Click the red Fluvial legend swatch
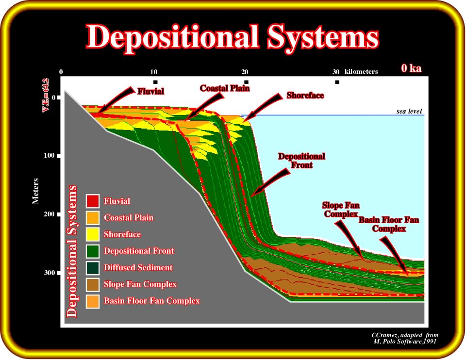(x=92, y=201)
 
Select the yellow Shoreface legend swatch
(x=92, y=234)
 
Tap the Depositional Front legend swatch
(x=92, y=251)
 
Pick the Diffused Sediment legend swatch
(x=92, y=268)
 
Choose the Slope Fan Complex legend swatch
(x=92, y=284)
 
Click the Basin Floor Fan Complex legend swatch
(x=92, y=301)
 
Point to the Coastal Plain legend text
(x=129, y=218)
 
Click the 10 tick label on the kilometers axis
(x=154, y=72)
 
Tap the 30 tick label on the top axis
(x=336, y=72)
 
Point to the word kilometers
(x=361, y=72)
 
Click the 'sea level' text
(x=409, y=112)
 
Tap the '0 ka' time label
(x=411, y=68)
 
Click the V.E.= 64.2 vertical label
(x=46, y=95)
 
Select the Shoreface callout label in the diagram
(x=305, y=96)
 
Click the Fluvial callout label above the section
(x=150, y=91)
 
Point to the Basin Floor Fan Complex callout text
(x=389, y=224)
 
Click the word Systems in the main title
(x=323, y=37)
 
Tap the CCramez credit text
(x=405, y=338)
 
